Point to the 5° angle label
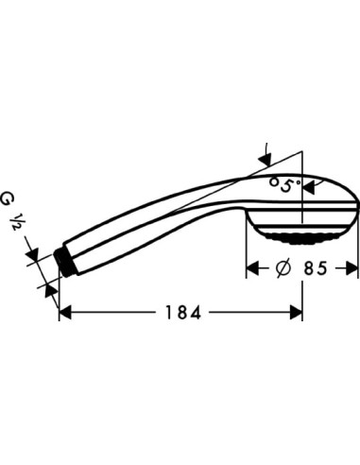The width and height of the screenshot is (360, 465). (x=283, y=182)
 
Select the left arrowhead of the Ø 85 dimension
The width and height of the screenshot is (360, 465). (x=252, y=268)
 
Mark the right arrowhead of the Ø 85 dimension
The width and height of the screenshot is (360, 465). (x=351, y=268)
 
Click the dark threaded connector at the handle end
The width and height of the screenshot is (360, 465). (x=65, y=259)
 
